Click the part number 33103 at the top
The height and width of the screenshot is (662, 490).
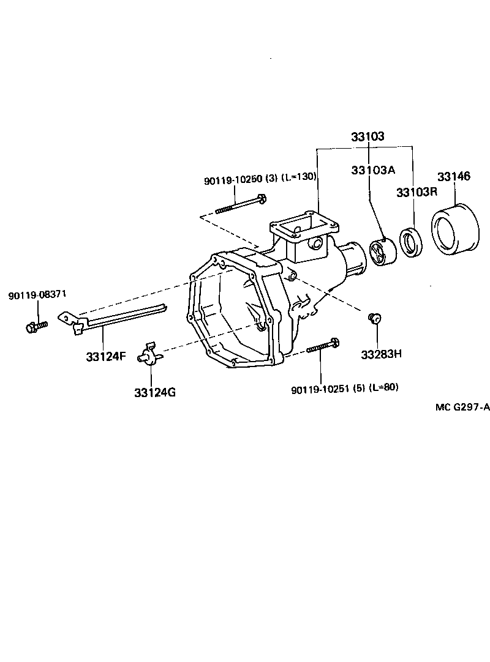point(367,136)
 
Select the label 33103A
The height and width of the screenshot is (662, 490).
point(372,170)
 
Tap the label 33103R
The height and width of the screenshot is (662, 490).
point(417,192)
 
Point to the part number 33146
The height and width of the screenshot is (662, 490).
point(454,177)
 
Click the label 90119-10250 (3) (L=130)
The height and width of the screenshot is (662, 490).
point(260,178)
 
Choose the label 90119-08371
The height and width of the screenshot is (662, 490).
point(37,296)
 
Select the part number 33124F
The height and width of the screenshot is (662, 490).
point(105,356)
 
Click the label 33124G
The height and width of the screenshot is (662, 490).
point(155,392)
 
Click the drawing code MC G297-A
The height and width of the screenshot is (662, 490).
point(462,408)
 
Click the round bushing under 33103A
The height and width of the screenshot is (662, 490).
point(383,252)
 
